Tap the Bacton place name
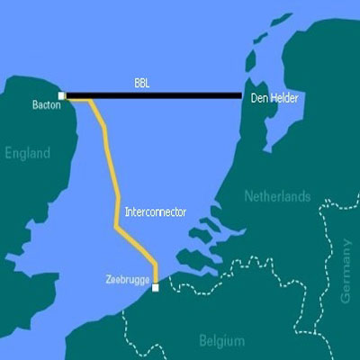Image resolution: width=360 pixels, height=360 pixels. click(x=44, y=105)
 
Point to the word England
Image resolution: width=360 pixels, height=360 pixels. click(x=27, y=154)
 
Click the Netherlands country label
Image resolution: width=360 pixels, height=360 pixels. click(x=277, y=196)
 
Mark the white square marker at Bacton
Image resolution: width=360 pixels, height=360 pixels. click(x=61, y=94)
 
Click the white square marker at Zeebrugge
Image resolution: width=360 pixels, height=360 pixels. click(x=155, y=288)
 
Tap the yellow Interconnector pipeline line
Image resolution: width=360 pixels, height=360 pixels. click(x=114, y=180)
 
